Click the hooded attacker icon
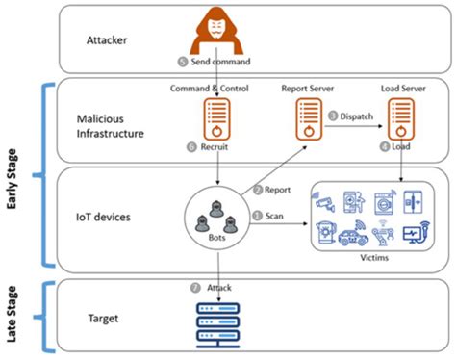tap(216, 32)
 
